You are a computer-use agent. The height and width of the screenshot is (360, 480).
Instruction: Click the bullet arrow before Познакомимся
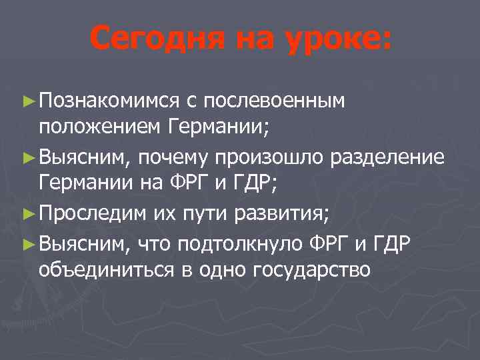[27, 101]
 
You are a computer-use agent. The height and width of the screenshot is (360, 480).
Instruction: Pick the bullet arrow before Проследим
[27, 216]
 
